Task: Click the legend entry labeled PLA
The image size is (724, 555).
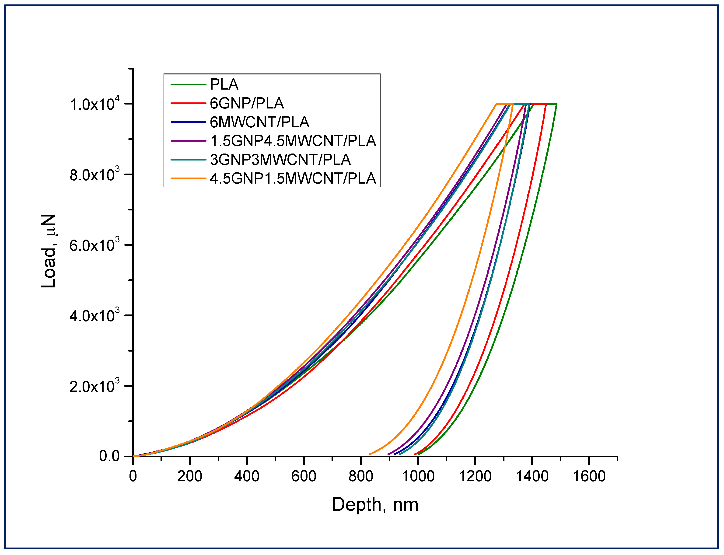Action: (224, 85)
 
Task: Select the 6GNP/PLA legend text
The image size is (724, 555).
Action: (247, 103)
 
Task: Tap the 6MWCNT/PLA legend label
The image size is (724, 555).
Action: (259, 122)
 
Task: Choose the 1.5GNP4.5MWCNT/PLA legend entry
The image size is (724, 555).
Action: (293, 141)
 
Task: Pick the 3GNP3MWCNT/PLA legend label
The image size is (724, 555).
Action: (280, 160)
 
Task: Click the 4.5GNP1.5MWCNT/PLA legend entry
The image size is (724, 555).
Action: (293, 179)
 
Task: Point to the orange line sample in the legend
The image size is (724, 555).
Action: (188, 179)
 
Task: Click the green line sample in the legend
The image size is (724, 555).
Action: (188, 85)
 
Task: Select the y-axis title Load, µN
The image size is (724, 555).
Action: (49, 251)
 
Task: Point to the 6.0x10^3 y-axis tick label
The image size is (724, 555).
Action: (94, 245)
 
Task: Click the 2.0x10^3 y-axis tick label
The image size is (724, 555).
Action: (94, 386)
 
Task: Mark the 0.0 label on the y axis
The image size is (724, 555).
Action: (109, 456)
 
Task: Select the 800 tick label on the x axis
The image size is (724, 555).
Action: (360, 476)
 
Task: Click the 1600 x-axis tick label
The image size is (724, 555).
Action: (589, 476)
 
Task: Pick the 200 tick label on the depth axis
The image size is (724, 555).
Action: (189, 476)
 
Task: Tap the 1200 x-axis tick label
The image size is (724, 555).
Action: (475, 476)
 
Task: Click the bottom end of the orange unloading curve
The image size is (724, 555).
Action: (370, 454)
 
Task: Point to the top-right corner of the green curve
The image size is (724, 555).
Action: (556, 104)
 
